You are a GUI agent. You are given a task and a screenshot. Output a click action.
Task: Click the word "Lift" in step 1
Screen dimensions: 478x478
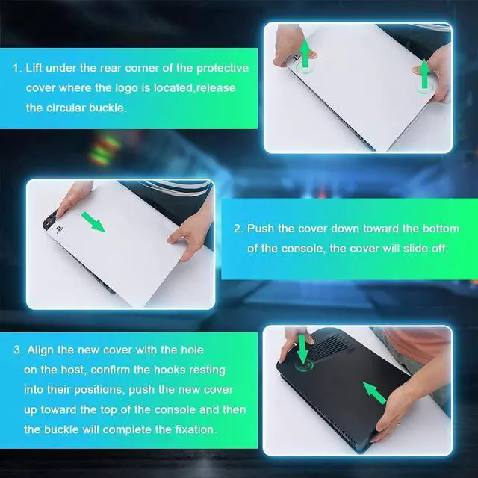[x=34, y=68]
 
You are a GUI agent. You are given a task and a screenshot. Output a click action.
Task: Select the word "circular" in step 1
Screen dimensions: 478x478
[x=66, y=108]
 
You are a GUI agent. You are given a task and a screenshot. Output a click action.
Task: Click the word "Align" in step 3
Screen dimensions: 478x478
[x=40, y=350]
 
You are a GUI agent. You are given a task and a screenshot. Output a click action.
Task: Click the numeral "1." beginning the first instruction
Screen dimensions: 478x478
[x=17, y=68]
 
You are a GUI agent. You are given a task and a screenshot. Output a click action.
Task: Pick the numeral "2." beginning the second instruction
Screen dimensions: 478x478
[x=238, y=229]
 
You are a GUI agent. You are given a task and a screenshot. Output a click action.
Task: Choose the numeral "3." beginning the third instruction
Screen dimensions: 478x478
[x=18, y=350]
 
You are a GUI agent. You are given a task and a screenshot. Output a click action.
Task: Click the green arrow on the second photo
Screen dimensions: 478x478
[x=93, y=222]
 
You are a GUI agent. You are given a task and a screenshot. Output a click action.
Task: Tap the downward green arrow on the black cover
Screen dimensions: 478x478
[x=302, y=349]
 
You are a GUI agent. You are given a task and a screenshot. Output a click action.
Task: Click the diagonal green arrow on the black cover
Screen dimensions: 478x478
[x=375, y=394]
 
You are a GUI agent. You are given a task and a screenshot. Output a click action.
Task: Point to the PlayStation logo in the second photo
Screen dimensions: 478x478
[x=60, y=229]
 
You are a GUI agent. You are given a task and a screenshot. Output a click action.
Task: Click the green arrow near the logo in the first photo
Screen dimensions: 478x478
[x=305, y=53]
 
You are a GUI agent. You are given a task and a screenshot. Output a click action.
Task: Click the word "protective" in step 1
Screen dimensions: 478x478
[x=223, y=68]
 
